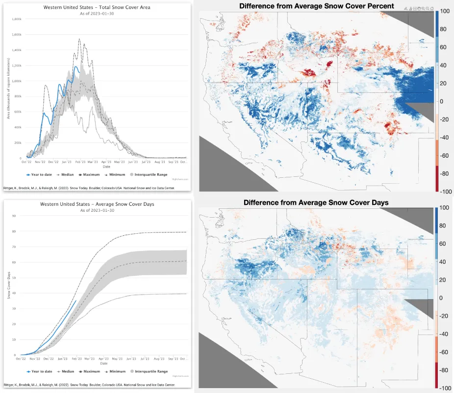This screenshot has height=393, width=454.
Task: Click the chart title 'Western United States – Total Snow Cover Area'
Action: (x=97, y=7)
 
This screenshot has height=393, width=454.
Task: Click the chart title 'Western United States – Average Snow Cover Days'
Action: (x=97, y=204)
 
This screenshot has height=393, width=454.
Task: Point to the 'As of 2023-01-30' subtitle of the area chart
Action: (x=97, y=13)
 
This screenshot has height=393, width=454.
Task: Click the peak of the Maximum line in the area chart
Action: (x=79, y=39)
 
